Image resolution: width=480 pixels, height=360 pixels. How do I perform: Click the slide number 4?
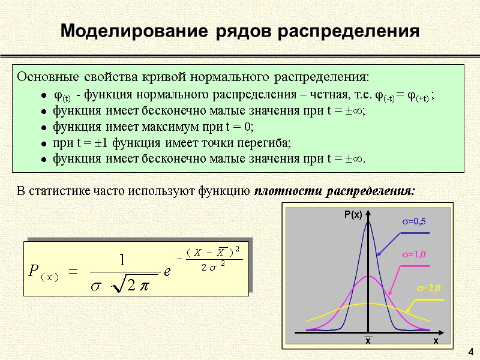coord(470,351)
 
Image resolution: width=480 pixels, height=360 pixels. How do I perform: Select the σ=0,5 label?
coord(413,222)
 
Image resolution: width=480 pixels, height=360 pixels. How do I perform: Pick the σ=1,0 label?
coord(413,255)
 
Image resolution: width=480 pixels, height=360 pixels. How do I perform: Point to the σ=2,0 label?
coord(429,289)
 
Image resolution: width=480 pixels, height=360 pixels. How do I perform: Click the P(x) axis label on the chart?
coord(353,214)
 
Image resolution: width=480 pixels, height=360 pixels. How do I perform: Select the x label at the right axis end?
coord(436,340)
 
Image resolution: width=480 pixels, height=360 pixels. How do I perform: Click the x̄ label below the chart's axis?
coord(368,340)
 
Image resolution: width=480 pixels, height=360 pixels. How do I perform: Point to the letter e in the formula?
coord(169,272)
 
